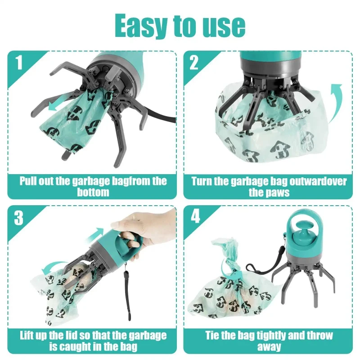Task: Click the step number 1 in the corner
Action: [x=18, y=63]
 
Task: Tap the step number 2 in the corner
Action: [x=194, y=63]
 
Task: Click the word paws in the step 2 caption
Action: [x=269, y=192]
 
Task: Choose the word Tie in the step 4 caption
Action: [x=214, y=336]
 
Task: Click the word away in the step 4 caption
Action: [x=269, y=346]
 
